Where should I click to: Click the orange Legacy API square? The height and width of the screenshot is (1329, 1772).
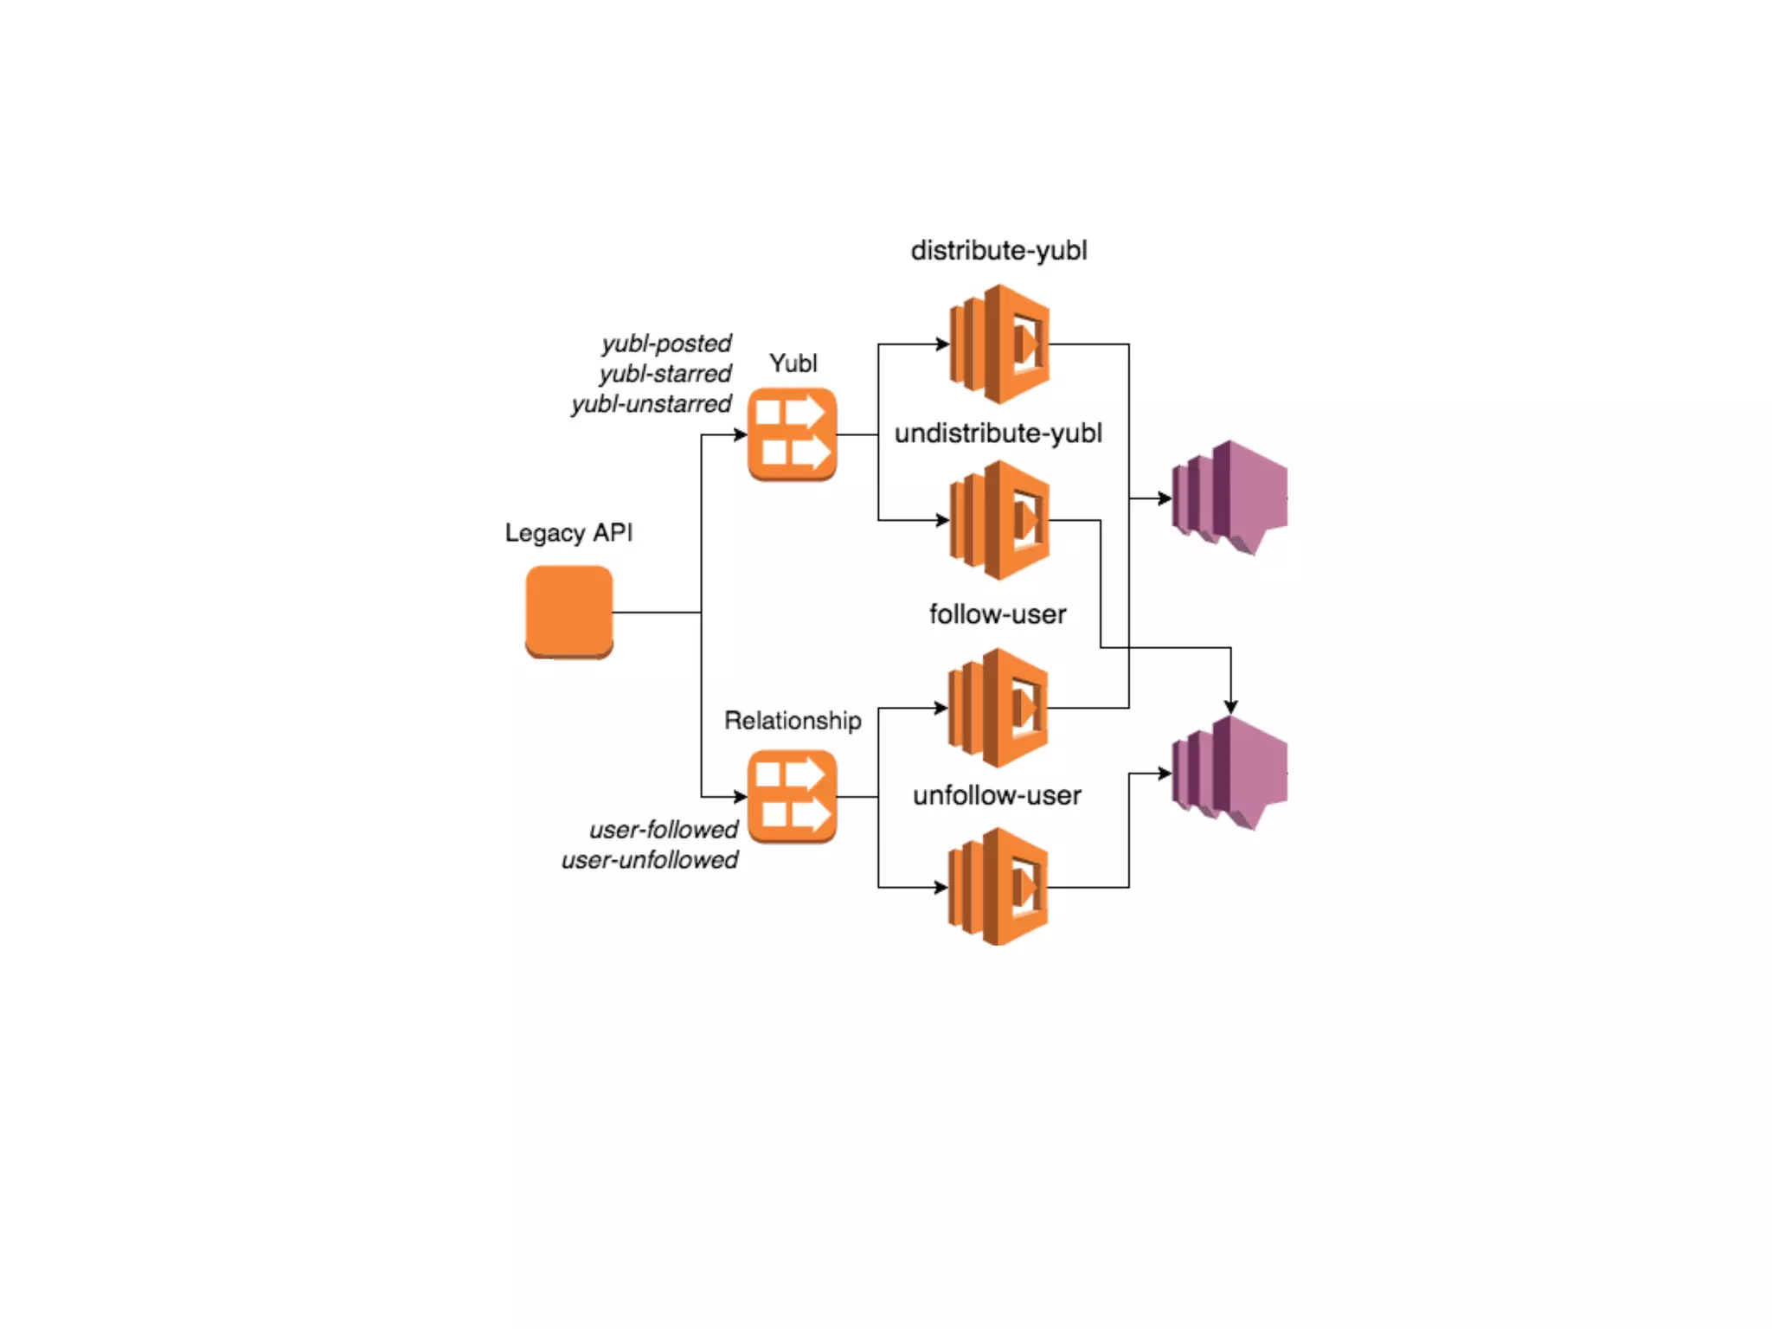pos(568,612)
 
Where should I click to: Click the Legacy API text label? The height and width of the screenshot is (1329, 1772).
pos(568,532)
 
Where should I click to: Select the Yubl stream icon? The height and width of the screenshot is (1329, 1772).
pos(792,434)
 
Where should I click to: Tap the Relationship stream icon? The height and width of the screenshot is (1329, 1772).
pos(792,796)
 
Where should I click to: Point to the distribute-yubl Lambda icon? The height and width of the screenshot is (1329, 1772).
pos(999,344)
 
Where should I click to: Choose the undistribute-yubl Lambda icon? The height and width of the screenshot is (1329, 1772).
pos(999,520)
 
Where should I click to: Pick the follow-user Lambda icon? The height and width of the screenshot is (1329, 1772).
pos(998,708)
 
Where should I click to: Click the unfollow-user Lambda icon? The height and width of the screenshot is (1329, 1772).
pos(998,887)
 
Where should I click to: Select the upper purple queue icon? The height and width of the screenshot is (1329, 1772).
pos(1229,498)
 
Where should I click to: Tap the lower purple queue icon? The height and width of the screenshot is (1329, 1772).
pos(1229,773)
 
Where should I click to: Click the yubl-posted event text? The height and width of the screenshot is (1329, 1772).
pos(666,343)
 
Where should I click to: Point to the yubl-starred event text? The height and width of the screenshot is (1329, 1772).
pos(664,374)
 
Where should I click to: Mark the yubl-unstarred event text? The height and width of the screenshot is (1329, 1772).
pos(651,404)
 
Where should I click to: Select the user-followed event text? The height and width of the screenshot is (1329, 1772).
pos(663,830)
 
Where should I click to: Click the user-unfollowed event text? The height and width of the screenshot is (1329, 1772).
pos(649,860)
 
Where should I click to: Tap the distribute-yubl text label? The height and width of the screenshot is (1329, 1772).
pos(998,251)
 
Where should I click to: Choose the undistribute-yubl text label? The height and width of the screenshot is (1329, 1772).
pos(998,433)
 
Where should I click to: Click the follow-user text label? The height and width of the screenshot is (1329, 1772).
pos(997,614)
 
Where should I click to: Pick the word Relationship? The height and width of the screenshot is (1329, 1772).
pos(793,721)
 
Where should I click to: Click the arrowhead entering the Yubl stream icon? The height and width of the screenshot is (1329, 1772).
pos(740,434)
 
